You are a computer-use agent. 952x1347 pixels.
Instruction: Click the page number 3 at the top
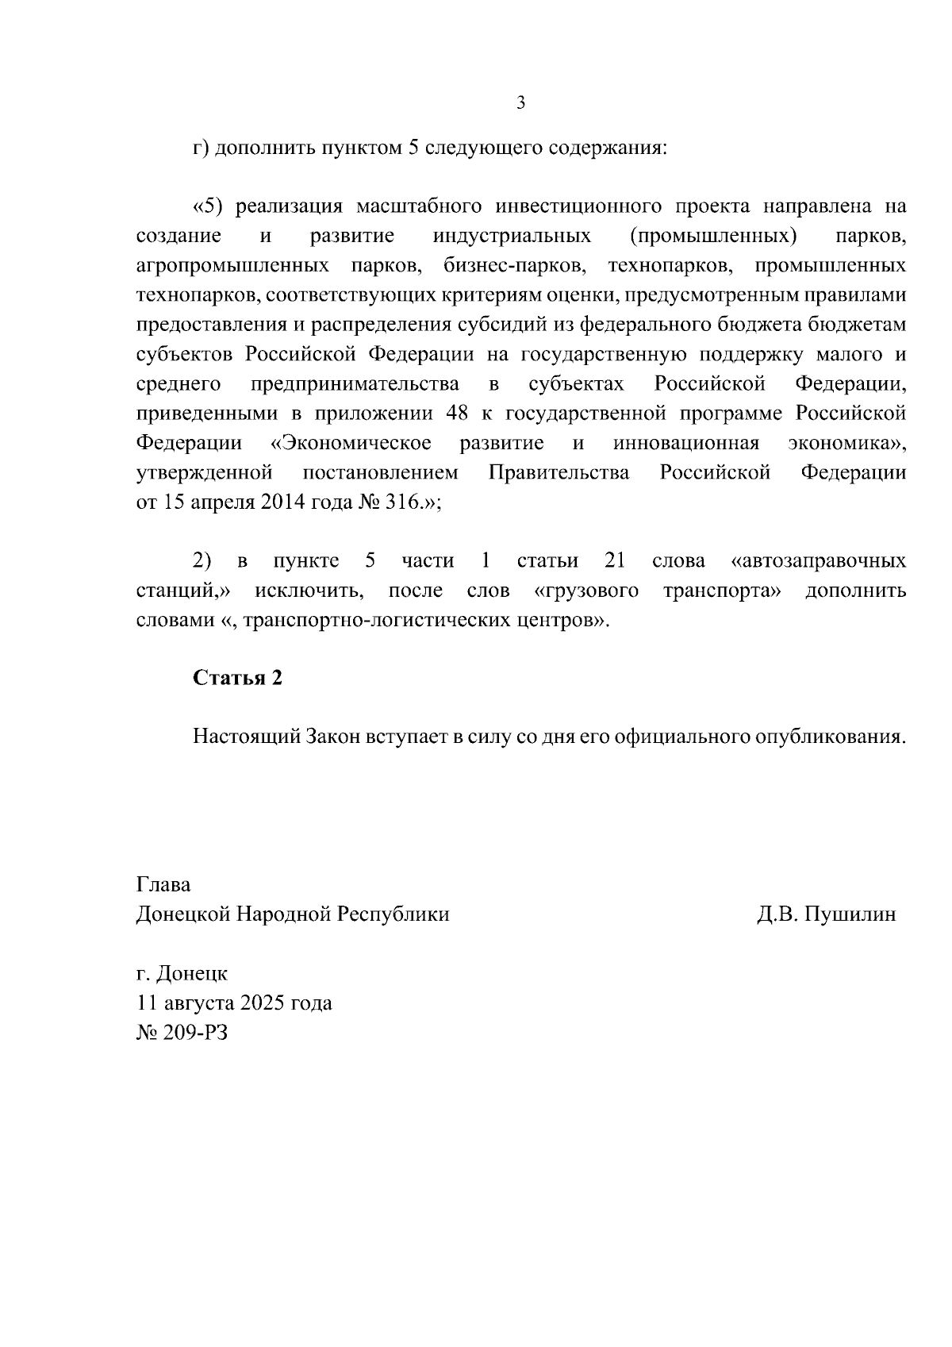[520, 103]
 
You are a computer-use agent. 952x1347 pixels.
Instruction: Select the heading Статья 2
[238, 678]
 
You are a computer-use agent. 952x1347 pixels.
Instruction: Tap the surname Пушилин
[850, 914]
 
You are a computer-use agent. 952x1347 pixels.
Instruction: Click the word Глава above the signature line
[163, 884]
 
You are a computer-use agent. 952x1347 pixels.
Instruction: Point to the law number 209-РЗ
[194, 1033]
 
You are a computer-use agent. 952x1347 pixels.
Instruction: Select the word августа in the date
[197, 1003]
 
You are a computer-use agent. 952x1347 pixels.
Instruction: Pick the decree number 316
[402, 503]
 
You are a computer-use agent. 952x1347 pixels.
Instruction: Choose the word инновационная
[686, 443]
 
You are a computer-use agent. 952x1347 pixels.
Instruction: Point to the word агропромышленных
[233, 265]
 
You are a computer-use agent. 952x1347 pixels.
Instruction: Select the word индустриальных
[512, 236]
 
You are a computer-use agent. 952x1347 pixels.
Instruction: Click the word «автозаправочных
[817, 561]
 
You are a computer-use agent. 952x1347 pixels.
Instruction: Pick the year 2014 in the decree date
[284, 503]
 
